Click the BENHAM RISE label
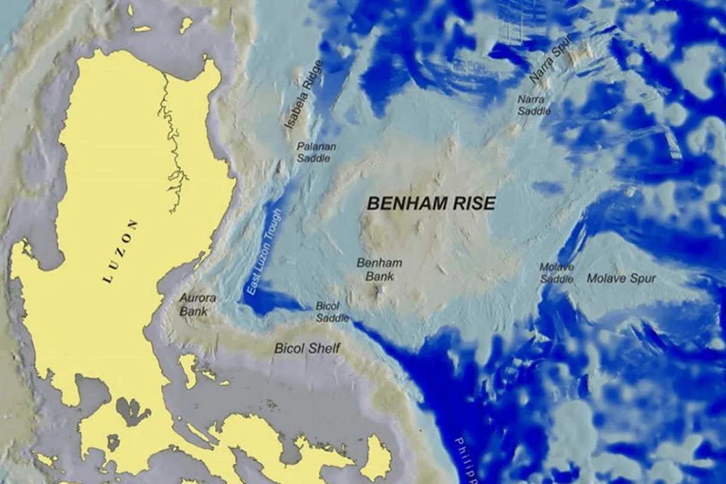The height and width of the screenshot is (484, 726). pos(431,203)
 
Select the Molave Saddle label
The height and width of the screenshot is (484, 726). pos(557,273)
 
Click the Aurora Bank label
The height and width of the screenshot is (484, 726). pos(197,305)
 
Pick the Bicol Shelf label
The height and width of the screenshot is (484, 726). pos(307,348)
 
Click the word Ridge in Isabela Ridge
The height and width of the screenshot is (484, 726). pos(312,79)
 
